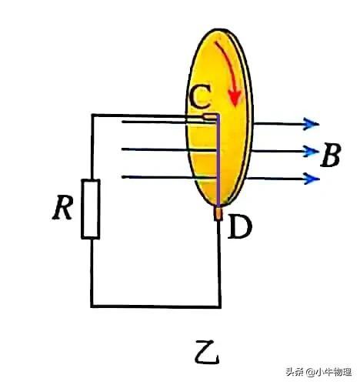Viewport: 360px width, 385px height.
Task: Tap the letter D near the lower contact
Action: click(x=239, y=226)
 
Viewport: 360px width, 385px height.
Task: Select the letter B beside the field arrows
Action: click(x=331, y=155)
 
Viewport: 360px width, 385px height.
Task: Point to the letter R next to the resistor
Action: click(x=62, y=207)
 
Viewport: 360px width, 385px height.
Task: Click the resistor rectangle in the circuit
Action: click(x=91, y=209)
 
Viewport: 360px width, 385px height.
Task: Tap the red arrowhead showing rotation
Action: click(x=235, y=98)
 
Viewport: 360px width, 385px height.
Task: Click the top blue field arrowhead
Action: click(x=311, y=124)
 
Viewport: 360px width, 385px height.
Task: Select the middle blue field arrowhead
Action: click(x=310, y=151)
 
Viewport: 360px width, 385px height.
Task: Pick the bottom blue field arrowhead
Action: click(x=312, y=179)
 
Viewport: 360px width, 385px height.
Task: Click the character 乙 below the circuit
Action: click(x=207, y=352)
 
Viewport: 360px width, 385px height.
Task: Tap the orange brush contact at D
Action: click(x=218, y=213)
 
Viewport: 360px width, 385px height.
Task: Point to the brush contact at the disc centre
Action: click(x=210, y=117)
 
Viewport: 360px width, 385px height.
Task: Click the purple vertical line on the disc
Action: click(x=218, y=160)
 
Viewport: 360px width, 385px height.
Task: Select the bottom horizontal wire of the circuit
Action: click(x=155, y=306)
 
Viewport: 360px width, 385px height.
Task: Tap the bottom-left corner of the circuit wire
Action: click(x=92, y=306)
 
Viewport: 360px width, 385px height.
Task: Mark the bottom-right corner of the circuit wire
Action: click(x=220, y=306)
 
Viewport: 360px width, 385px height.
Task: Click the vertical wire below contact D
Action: click(x=219, y=263)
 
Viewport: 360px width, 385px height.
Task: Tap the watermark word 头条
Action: click(x=295, y=372)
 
